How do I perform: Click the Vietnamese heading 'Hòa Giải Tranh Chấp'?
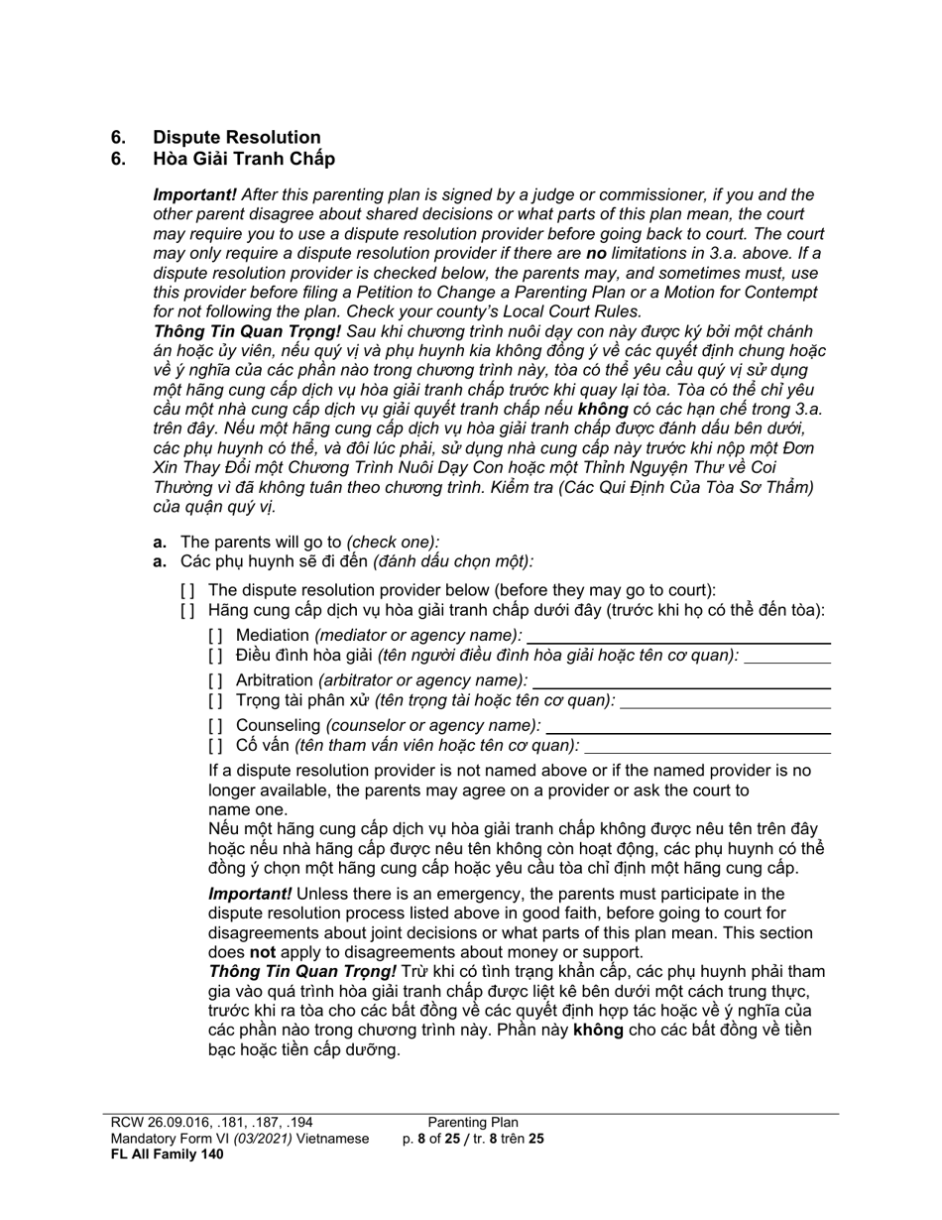click(243, 159)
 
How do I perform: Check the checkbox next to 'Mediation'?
click(216, 635)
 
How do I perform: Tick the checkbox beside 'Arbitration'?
click(216, 680)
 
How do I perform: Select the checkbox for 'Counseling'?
click(216, 725)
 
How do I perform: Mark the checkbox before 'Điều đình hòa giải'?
click(216, 656)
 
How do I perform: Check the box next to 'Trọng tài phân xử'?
click(216, 700)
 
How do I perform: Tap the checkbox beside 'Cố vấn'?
click(216, 746)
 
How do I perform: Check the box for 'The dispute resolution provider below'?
click(188, 590)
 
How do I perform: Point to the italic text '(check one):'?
click(393, 542)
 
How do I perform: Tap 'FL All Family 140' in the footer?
click(167, 1154)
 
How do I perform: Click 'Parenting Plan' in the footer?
click(473, 1123)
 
